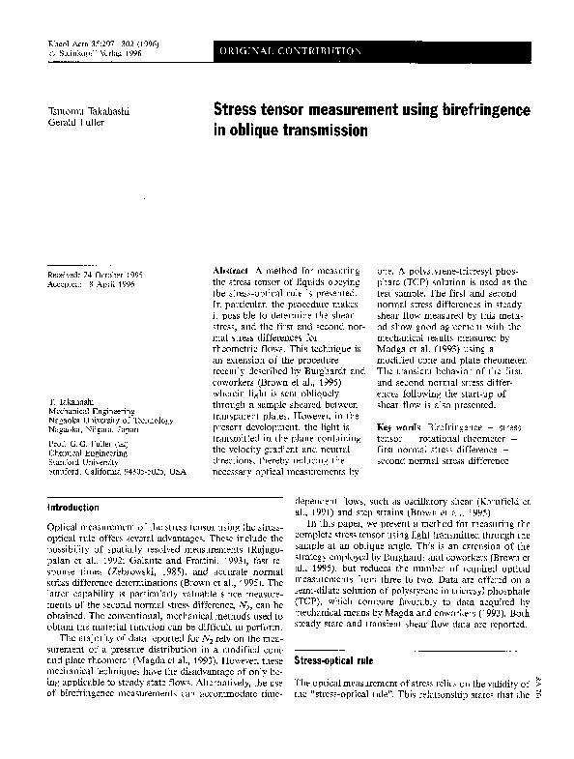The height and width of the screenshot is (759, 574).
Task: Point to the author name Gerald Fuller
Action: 72,125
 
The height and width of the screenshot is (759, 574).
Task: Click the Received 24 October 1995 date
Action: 95,275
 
